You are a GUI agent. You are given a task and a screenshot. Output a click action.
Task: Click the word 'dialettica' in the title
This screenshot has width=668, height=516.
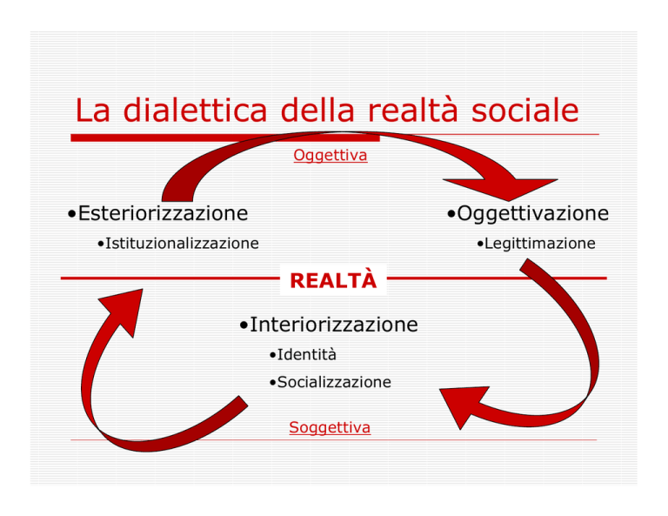coord(195,110)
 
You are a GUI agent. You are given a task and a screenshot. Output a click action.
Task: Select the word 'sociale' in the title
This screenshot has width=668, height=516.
coord(524,110)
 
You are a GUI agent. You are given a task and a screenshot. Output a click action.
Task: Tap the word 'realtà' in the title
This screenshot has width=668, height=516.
coord(412,110)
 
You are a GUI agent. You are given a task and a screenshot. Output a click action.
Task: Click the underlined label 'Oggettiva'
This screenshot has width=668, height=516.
coord(331,155)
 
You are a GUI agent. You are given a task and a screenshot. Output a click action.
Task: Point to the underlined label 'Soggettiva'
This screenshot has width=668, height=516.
coord(330,427)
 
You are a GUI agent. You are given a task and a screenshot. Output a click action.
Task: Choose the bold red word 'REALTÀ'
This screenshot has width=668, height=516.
coord(333,279)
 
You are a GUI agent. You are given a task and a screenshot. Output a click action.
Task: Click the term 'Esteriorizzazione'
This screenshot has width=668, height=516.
coord(163,213)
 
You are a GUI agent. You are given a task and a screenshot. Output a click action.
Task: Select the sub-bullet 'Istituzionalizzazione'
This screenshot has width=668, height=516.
coord(182,244)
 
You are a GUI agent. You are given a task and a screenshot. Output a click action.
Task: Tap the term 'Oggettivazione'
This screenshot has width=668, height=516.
coord(532,213)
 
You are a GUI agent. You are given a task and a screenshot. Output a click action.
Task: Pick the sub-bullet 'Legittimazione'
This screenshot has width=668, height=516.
coord(540,244)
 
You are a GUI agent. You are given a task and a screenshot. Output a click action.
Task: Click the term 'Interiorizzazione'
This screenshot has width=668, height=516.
coord(334,325)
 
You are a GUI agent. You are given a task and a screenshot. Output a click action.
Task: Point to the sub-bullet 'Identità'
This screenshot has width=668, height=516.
coord(307,354)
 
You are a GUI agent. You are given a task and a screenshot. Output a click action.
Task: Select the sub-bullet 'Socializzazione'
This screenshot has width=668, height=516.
coord(334,382)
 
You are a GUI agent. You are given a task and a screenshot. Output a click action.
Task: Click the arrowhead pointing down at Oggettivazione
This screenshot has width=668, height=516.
coord(503,187)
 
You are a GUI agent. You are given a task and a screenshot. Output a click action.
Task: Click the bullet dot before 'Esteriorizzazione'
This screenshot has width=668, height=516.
coord(71,214)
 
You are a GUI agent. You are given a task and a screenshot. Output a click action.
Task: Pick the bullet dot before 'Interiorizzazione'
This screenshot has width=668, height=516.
coord(244,325)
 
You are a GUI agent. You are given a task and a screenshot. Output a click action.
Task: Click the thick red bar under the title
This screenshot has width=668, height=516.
coord(225,137)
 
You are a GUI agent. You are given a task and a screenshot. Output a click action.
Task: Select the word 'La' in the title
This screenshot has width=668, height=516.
coord(92,110)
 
